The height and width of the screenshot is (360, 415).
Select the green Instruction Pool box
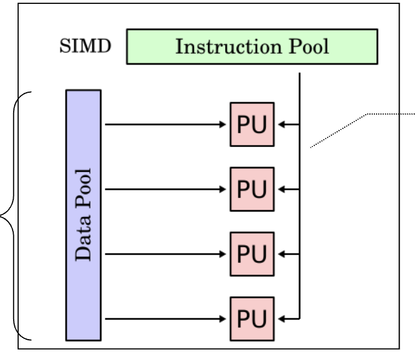click(253, 47)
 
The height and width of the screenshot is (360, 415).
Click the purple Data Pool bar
click(83, 215)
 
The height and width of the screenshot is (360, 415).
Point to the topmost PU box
click(251, 124)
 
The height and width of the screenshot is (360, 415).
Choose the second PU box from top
click(251, 189)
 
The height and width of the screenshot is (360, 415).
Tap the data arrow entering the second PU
click(165, 189)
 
